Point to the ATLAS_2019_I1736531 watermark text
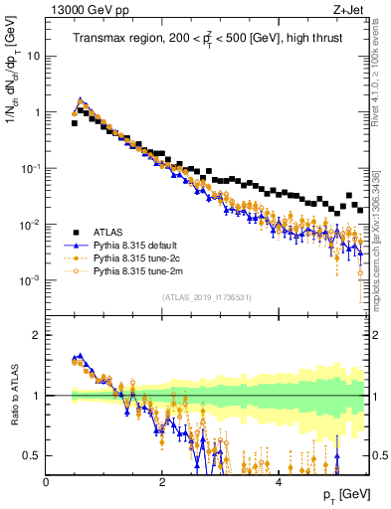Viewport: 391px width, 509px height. point(207,296)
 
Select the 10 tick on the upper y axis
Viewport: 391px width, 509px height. point(33,56)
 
